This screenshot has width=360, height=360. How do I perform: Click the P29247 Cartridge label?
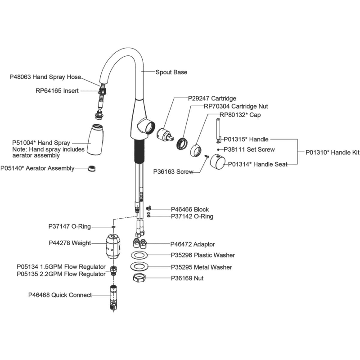[x=212, y=99]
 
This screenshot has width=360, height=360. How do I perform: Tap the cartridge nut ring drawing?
[x=182, y=143]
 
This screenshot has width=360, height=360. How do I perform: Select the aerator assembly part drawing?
[x=92, y=168]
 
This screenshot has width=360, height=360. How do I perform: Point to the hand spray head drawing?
[x=95, y=139]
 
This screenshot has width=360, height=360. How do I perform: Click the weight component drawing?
[x=113, y=247]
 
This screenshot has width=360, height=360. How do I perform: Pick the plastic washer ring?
[x=139, y=255]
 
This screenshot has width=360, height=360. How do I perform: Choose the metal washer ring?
[x=139, y=266]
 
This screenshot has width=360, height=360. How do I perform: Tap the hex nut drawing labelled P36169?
[x=139, y=278]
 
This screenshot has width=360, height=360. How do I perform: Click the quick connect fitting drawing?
[x=114, y=298]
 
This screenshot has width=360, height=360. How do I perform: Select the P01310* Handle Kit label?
[x=332, y=153]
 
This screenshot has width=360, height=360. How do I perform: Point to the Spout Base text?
[x=171, y=72]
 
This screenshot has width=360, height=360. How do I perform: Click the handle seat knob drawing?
[x=218, y=162]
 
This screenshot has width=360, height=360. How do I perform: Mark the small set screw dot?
[x=218, y=150]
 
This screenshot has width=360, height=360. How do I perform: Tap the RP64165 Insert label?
[x=57, y=91]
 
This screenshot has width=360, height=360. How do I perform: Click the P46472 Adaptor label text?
[x=193, y=244]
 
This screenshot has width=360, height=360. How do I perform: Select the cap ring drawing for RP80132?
[x=196, y=150]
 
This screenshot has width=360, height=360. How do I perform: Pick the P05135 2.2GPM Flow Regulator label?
[x=61, y=274]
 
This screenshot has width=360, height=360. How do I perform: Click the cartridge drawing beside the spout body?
[x=165, y=134]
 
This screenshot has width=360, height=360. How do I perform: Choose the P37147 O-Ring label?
[x=70, y=227]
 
